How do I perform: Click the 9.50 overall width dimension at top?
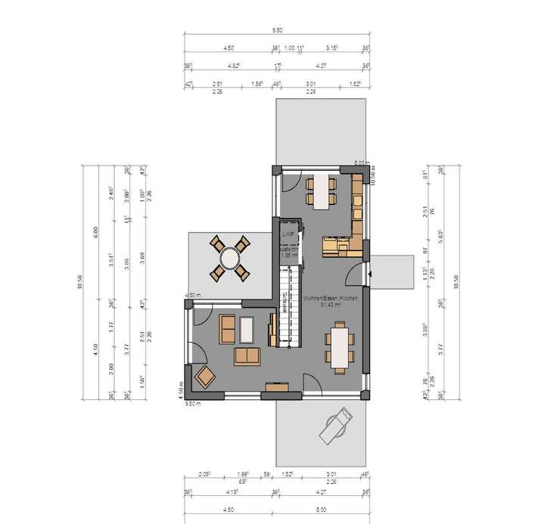click(278, 30)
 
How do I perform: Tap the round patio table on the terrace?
click(229, 257)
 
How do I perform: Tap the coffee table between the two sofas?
click(248, 330)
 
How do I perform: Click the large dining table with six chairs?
click(340, 345)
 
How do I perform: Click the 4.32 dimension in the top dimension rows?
click(235, 67)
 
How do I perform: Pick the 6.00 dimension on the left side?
click(95, 231)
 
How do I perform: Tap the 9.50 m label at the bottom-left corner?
click(195, 404)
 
